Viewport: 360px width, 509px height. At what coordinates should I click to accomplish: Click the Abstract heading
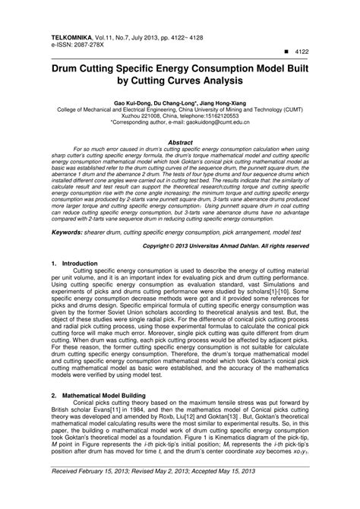click(180, 140)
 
